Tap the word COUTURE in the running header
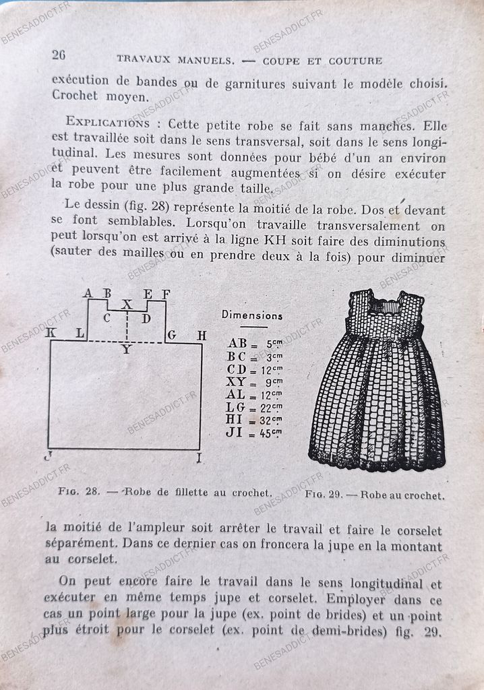tap(355, 61)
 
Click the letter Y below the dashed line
tap(126, 350)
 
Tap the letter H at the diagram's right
tap(202, 335)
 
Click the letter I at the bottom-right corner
tap(200, 459)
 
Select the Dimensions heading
tap(252, 315)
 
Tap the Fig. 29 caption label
tap(324, 494)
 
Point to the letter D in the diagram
tap(146, 318)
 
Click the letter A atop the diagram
tap(88, 293)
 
